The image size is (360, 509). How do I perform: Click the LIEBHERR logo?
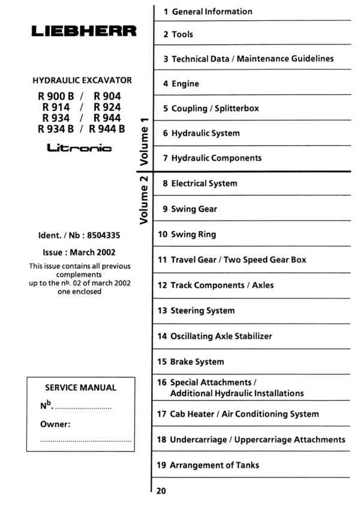coord(84,31)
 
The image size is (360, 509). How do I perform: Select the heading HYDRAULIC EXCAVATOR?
coord(82,80)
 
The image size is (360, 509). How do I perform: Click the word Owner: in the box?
coord(56,424)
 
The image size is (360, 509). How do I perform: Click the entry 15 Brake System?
coord(191,362)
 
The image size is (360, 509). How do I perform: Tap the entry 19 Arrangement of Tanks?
coord(208,465)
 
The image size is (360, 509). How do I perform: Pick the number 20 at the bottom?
coord(161,491)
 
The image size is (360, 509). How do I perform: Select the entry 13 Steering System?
coord(196,311)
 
